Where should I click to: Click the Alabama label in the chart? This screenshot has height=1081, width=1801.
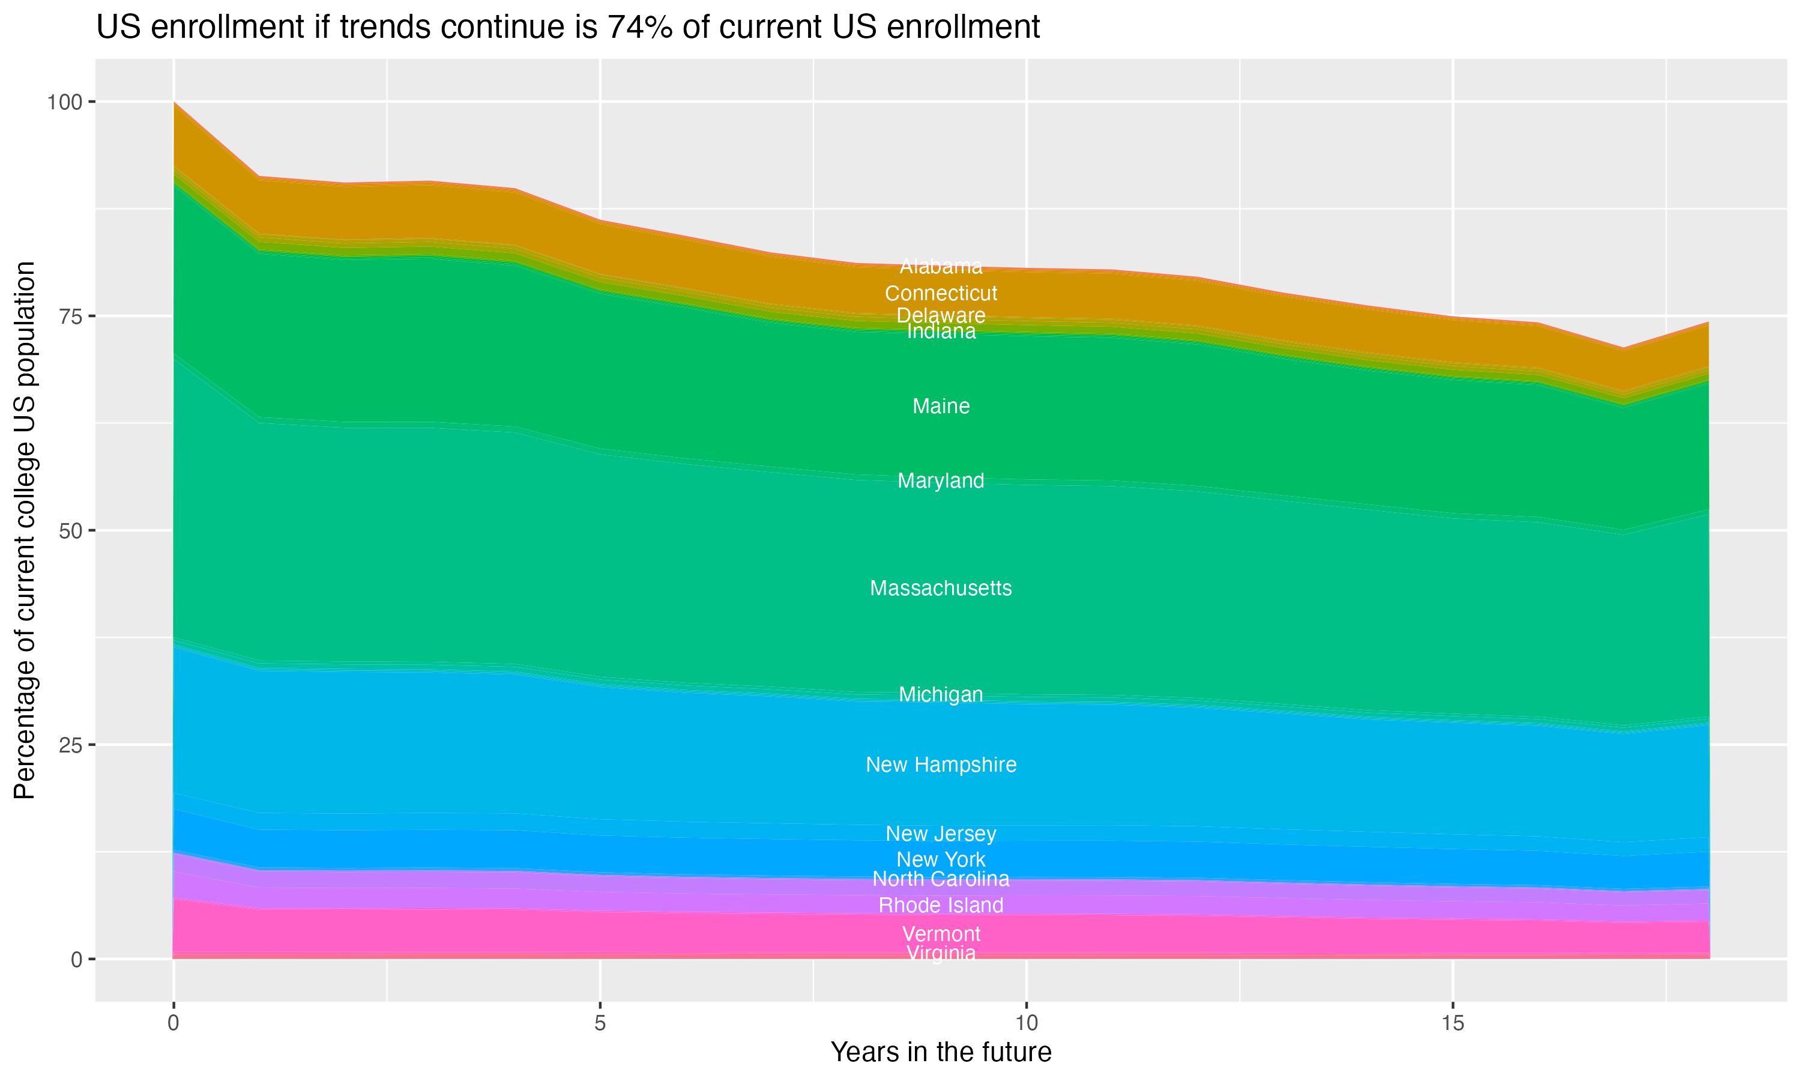(941, 267)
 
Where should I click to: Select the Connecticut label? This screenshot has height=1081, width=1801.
(941, 294)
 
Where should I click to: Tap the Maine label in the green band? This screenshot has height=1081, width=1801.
(941, 407)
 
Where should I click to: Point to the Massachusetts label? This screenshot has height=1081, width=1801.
(941, 589)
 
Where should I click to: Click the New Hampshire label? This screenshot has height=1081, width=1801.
(941, 765)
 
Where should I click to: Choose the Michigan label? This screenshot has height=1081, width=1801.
(941, 695)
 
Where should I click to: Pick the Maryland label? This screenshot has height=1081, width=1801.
(941, 481)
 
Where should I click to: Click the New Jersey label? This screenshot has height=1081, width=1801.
(941, 834)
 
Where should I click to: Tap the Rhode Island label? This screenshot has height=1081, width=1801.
(941, 906)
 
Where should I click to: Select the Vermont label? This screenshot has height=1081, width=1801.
(941, 934)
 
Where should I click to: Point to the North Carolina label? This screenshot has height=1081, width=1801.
(941, 879)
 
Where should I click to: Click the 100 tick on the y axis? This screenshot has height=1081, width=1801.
(64, 102)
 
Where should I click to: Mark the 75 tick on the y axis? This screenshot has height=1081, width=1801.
(71, 316)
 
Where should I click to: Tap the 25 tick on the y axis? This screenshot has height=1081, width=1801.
(71, 745)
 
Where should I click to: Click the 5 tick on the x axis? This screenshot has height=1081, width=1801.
(600, 1023)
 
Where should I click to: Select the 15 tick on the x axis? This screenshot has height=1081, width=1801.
(1452, 1023)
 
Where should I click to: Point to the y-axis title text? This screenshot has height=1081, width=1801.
(25, 530)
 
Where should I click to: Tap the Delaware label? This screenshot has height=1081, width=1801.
(941, 315)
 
